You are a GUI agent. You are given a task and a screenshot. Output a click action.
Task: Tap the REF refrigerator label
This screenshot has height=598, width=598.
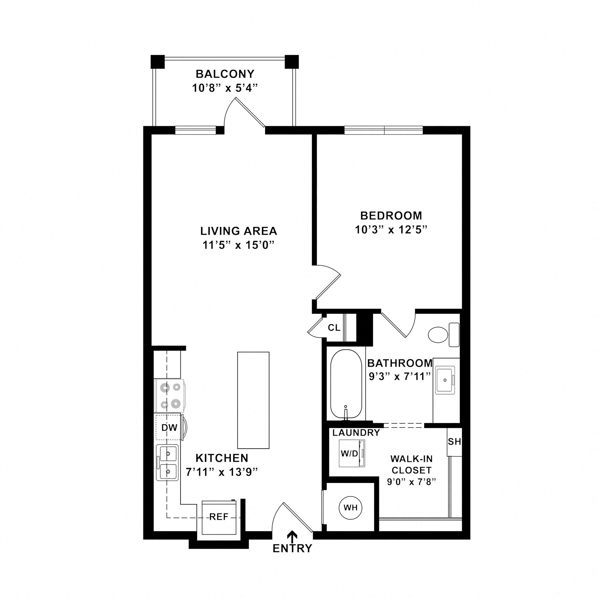pyautogui.click(x=219, y=517)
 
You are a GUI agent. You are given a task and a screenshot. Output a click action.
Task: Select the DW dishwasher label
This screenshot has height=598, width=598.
pyautogui.click(x=169, y=427)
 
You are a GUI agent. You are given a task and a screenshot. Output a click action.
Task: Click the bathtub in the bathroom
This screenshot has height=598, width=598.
pyautogui.click(x=346, y=384)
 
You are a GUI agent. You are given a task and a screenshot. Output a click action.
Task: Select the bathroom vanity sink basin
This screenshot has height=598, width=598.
pyautogui.click(x=445, y=380)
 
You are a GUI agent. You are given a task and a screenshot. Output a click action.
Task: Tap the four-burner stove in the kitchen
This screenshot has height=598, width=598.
pyautogui.click(x=170, y=396)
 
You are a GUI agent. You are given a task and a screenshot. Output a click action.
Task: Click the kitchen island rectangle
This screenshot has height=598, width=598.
pyautogui.click(x=253, y=400)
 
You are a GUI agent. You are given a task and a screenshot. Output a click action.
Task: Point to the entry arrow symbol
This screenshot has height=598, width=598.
pyautogui.click(x=292, y=536)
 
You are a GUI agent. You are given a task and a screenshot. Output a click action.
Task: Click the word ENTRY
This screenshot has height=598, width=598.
pyautogui.click(x=292, y=548)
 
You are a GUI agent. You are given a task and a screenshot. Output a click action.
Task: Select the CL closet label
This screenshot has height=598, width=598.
pyautogui.click(x=334, y=328)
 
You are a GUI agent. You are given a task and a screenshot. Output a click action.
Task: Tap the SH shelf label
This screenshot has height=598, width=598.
pyautogui.click(x=454, y=442)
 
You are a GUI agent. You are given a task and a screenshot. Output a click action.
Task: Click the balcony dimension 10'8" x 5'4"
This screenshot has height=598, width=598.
pyautogui.click(x=225, y=88)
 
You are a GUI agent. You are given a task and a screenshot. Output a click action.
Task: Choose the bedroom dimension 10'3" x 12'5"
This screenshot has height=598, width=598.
pyautogui.click(x=391, y=230)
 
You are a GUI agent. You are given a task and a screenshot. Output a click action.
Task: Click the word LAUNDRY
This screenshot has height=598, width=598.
pyautogui.click(x=356, y=433)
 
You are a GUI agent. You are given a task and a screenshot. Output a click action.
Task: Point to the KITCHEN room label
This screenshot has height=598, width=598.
pyautogui.click(x=222, y=458)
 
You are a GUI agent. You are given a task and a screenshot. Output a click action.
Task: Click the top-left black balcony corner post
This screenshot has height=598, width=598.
pyautogui.click(x=158, y=62)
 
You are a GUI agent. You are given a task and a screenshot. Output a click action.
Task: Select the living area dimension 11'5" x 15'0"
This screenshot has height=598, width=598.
pyautogui.click(x=239, y=245)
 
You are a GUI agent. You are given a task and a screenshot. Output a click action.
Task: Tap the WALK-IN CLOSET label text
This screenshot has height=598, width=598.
pyautogui.click(x=411, y=464)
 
